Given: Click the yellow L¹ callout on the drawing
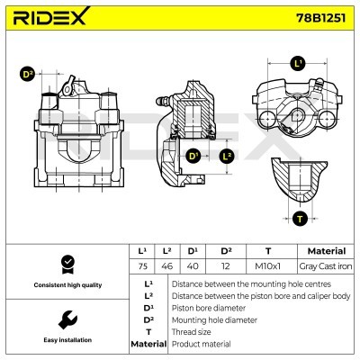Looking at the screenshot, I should coord(298,64).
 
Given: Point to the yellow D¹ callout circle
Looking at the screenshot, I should coord(193,157).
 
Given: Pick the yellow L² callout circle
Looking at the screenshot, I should coord(227,157).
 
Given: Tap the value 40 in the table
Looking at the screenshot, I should coord(193,266).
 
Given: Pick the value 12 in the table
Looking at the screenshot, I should coord(226,266).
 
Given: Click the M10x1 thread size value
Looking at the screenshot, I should coord(267,266).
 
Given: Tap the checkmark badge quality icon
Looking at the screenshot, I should coord(65,264).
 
